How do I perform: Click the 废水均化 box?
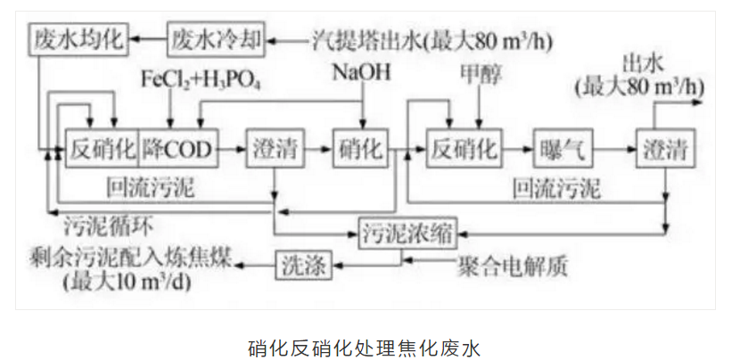coord(77,38)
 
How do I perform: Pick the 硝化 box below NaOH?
coord(359,148)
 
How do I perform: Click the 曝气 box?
coord(563,148)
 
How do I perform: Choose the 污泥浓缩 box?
coord(407,234)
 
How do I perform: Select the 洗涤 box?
coord(301,263)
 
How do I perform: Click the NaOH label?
coord(361,71)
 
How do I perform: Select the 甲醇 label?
coord(479,71)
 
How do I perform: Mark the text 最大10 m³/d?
coord(125,283)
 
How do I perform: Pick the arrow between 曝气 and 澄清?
coord(613,148)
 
